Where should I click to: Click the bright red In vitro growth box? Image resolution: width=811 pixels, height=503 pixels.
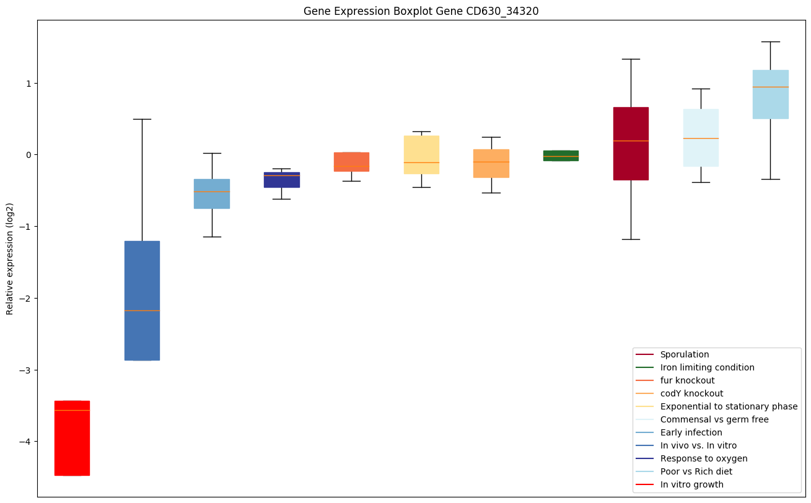point(72,438)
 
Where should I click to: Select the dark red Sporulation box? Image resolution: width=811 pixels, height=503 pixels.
point(631,144)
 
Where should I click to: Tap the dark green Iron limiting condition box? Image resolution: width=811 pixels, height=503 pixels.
point(561,155)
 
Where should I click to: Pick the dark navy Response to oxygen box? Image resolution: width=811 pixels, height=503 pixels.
point(282,180)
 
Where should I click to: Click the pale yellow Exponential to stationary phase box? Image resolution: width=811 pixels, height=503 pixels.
point(421,155)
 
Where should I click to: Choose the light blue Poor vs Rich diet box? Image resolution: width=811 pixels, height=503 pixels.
point(770,94)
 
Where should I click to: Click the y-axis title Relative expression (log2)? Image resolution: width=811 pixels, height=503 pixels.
point(10,258)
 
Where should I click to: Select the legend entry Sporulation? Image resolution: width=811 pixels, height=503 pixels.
point(684,354)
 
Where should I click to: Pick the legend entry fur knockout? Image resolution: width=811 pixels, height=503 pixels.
point(687,380)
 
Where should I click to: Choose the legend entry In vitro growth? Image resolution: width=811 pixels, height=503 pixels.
point(691,484)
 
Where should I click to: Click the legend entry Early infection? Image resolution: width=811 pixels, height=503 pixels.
point(691,432)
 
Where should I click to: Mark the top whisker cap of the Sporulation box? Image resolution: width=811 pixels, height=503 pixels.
point(631,59)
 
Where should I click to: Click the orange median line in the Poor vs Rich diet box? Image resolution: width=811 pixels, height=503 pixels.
point(770,87)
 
